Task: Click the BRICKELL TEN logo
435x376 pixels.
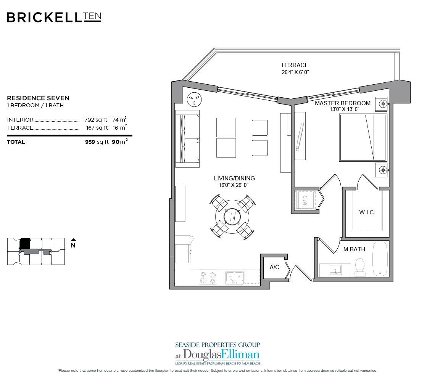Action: pos(54,17)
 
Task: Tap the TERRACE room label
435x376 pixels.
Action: pos(295,65)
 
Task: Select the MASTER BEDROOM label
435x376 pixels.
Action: pos(342,103)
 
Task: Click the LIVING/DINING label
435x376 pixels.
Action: pos(234,178)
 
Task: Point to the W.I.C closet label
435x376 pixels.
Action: pos(366,212)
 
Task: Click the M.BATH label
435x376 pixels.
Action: pos(354,249)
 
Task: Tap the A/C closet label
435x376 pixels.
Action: pos(274,267)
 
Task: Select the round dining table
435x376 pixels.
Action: pos(232,217)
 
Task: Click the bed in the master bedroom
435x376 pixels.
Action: pos(362,137)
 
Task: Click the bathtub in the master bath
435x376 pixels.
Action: pos(380,259)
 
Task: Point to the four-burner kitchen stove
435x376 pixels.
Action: pos(208,277)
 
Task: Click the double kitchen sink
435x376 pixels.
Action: pos(234,277)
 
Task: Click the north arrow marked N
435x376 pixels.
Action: pos(73,244)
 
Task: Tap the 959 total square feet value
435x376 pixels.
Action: pos(90,142)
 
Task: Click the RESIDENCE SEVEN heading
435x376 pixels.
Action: pos(38,98)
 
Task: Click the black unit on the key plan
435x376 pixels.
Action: pos(24,243)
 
